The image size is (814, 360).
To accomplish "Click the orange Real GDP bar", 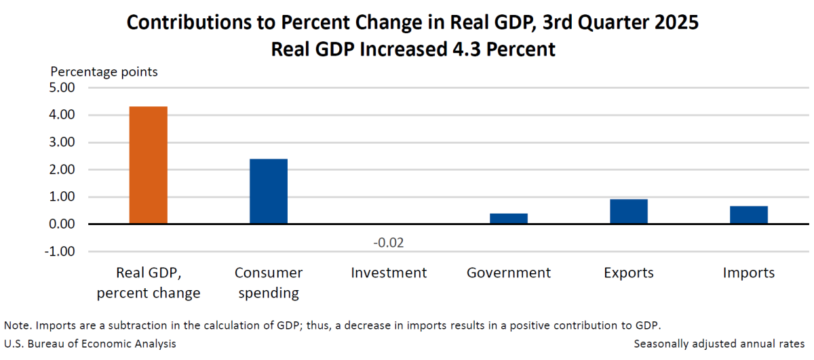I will tap(148, 165).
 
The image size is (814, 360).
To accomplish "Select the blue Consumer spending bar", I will tap(269, 192).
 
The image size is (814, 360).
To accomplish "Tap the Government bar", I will tap(509, 218).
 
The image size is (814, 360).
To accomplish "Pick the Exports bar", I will tap(629, 212).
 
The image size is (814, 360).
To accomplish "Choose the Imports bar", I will tap(749, 215).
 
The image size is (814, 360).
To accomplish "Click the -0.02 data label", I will tap(389, 243).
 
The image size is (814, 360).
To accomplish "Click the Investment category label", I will tap(389, 273).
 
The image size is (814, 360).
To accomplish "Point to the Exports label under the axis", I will tap(629, 273).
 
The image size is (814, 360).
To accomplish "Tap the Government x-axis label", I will tap(509, 273).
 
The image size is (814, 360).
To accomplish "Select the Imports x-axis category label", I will tap(749, 273).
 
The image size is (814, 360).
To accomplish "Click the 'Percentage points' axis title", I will tap(104, 71).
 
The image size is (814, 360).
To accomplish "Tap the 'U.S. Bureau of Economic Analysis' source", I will tap(90, 344).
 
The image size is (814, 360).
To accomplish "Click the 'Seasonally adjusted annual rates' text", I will tap(719, 344).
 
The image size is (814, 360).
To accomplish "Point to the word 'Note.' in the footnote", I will tap(16, 325).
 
